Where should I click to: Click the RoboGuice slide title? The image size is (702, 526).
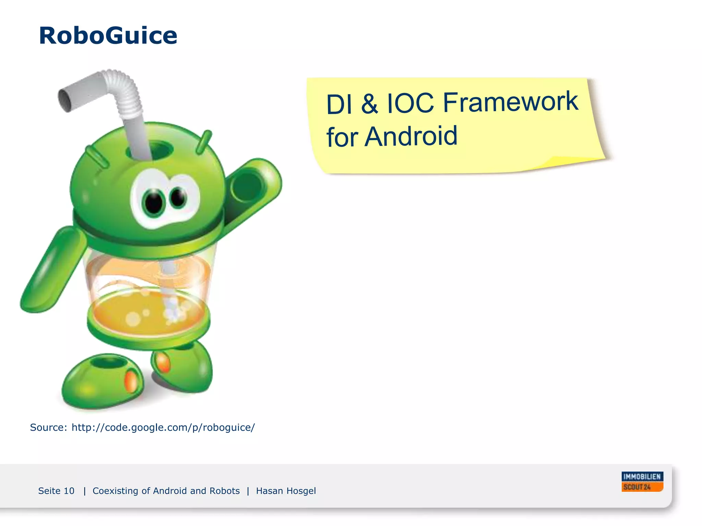(x=108, y=36)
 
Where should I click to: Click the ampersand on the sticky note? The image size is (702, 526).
(x=370, y=104)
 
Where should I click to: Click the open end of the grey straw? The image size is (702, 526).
(x=65, y=100)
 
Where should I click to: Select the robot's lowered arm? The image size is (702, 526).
(x=51, y=271)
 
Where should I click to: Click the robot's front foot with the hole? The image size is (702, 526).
(x=103, y=380)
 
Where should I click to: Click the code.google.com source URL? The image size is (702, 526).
(x=163, y=427)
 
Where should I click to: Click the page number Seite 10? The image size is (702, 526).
(x=56, y=491)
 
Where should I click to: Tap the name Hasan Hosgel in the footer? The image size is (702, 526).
(x=286, y=491)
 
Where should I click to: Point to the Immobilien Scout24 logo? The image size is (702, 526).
(x=642, y=481)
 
